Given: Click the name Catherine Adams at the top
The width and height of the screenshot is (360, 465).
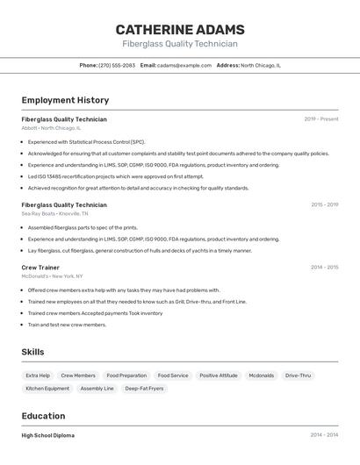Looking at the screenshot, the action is coord(180,29).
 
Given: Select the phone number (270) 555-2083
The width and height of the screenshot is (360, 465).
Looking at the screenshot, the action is coord(117,65).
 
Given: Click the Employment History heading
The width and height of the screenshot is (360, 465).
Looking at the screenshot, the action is coord(65,100).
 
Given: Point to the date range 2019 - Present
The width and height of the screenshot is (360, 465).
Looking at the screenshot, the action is coord(321,118).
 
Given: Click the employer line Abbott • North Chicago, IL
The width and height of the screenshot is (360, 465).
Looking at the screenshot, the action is coord(51,128).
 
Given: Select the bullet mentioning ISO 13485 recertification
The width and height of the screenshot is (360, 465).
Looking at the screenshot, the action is coord(115,176).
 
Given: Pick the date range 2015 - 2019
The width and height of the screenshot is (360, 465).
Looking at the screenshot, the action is coord(324,204).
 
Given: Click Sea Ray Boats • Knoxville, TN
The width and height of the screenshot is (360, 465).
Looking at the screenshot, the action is coord(54,213).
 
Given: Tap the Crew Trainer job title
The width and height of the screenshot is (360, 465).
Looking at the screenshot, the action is coord(40,267).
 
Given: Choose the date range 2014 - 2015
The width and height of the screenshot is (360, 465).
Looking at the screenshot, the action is coord(324,267).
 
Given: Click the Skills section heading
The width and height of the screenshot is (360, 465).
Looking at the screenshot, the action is coord(32,352).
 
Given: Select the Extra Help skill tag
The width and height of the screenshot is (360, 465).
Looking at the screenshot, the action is coord(38,376).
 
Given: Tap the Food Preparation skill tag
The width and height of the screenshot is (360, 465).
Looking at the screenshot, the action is coord(126,376).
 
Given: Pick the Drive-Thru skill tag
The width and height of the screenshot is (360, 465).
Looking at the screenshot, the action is coord(298,376).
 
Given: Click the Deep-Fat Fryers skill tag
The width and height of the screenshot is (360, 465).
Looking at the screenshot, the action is coord(144,388).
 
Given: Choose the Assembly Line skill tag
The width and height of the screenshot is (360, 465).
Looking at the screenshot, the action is coord(97,388).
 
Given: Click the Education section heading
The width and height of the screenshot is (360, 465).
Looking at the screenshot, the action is coord(43,416).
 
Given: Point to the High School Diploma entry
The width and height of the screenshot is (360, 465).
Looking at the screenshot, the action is coord(48,435).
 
